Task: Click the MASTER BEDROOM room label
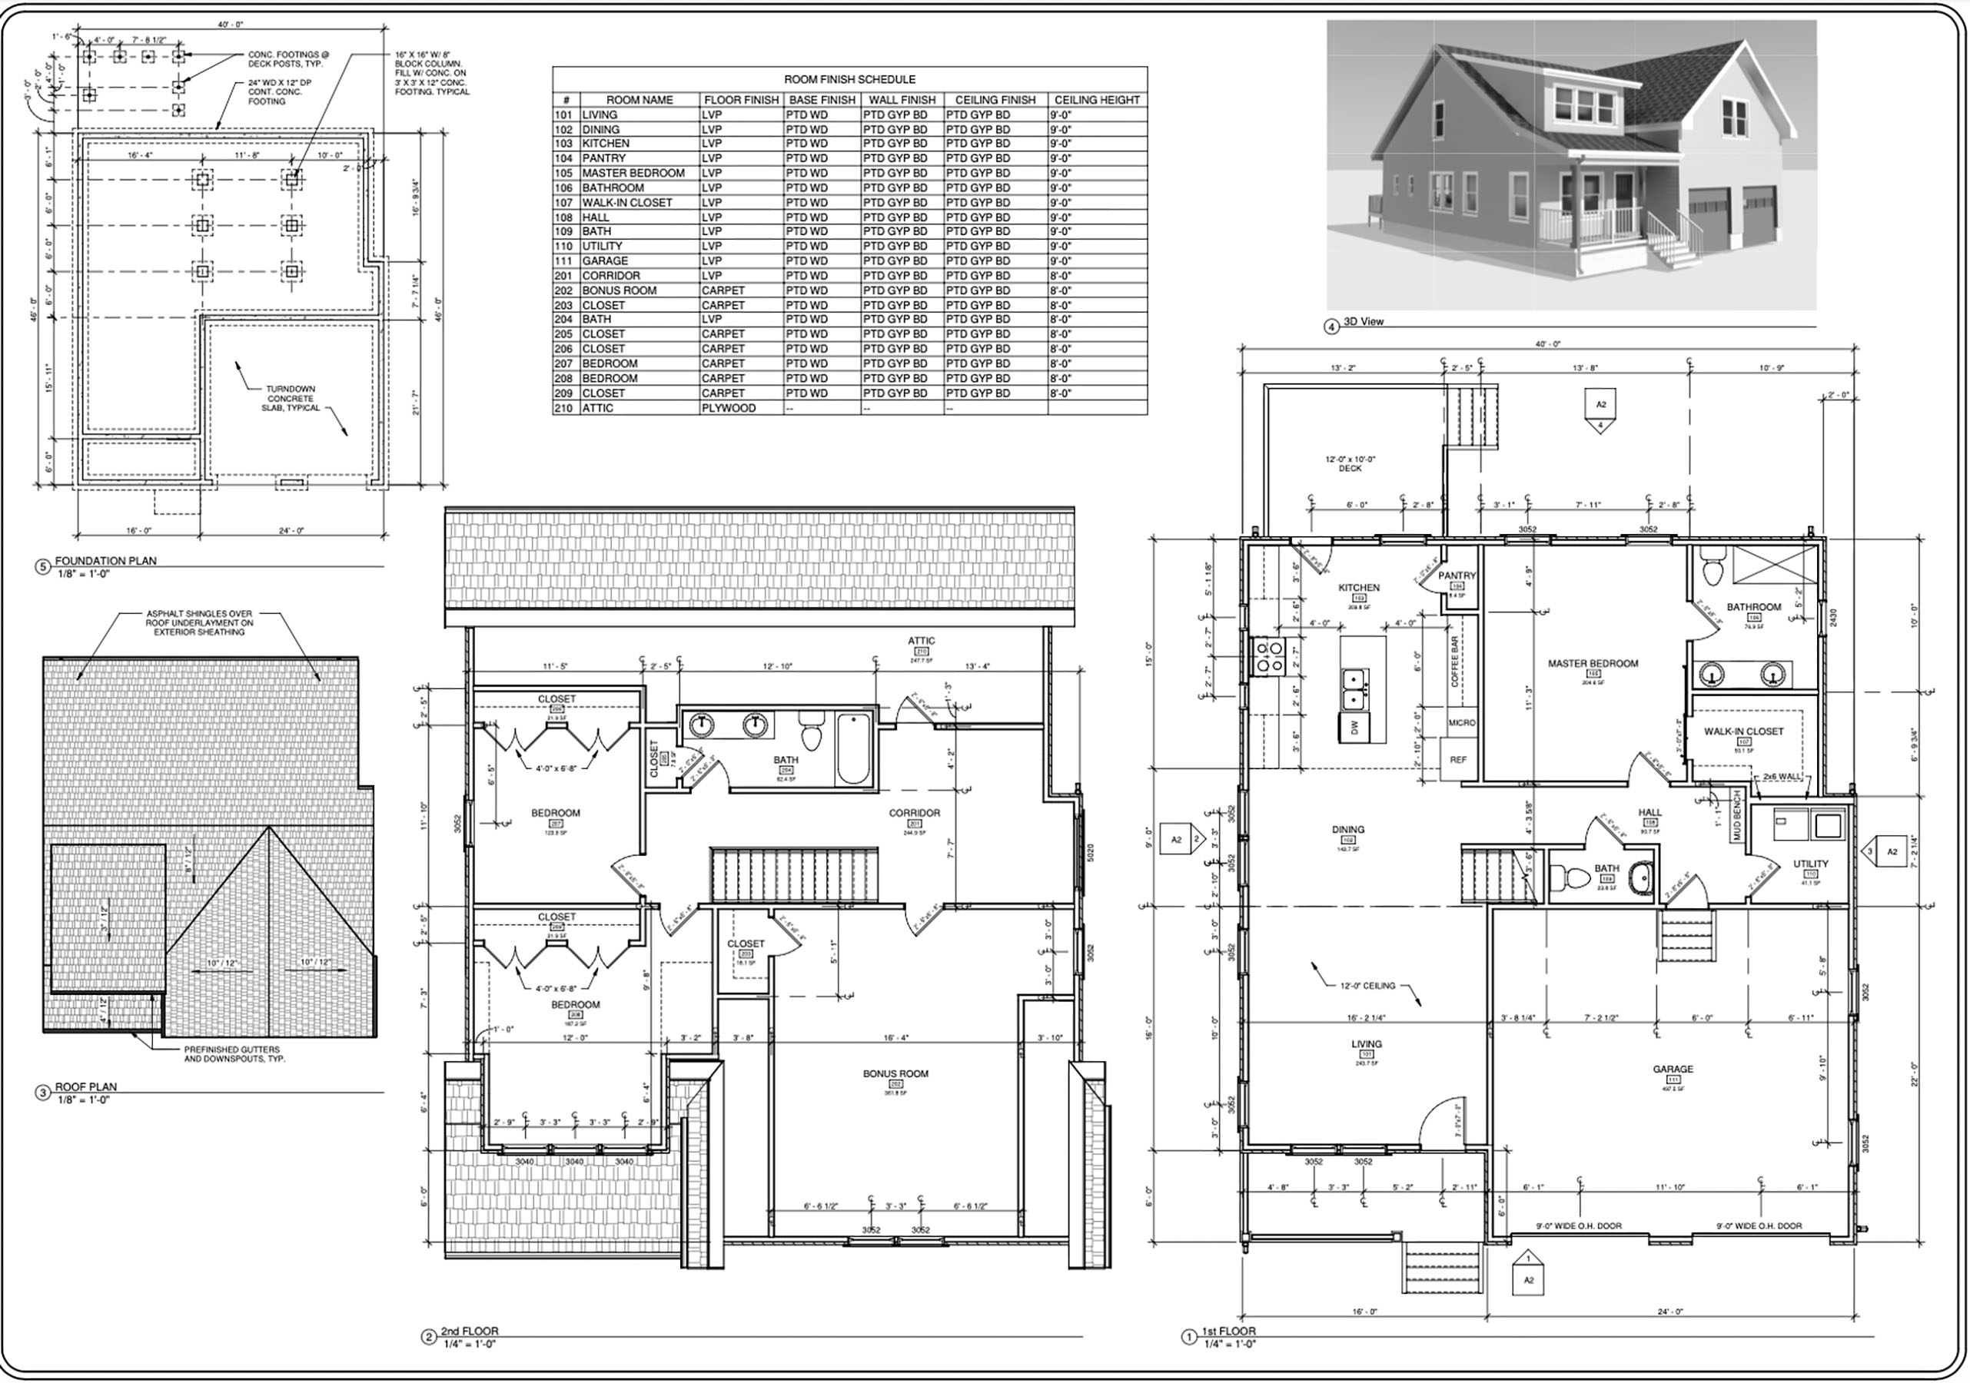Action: click(1593, 663)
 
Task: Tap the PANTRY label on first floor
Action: click(1457, 575)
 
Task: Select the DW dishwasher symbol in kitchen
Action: click(1355, 728)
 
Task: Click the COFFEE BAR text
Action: click(1455, 662)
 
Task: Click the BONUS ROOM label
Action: click(895, 1073)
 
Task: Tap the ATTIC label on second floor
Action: click(922, 641)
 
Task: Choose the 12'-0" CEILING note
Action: click(1367, 986)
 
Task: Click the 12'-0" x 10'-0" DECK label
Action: click(1350, 464)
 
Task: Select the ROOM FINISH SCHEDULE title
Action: click(849, 79)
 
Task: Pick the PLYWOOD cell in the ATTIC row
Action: click(729, 409)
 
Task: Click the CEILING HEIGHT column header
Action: click(1097, 100)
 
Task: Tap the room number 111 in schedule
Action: click(563, 260)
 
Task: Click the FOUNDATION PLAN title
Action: click(105, 561)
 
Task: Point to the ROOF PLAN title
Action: click(86, 1087)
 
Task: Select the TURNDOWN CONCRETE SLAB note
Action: click(291, 398)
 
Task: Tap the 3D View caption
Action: click(1364, 322)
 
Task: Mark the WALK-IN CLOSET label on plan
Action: click(1742, 731)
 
